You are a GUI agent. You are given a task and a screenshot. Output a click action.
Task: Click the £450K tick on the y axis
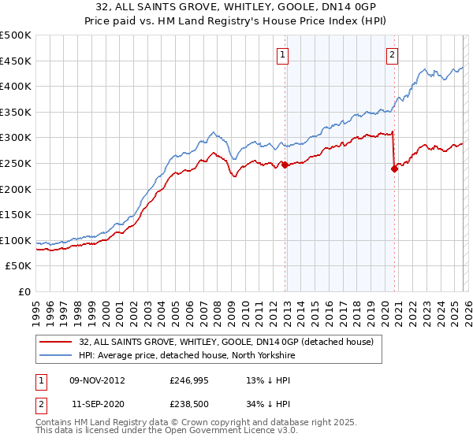16,61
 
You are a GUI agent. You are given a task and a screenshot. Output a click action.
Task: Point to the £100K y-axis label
16,240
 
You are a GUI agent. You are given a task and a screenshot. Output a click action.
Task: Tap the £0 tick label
24,291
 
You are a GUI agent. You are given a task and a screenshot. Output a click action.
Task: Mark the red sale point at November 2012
285,165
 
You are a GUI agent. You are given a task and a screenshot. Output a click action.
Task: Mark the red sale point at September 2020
394,169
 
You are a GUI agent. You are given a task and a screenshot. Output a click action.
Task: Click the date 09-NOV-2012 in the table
97,380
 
